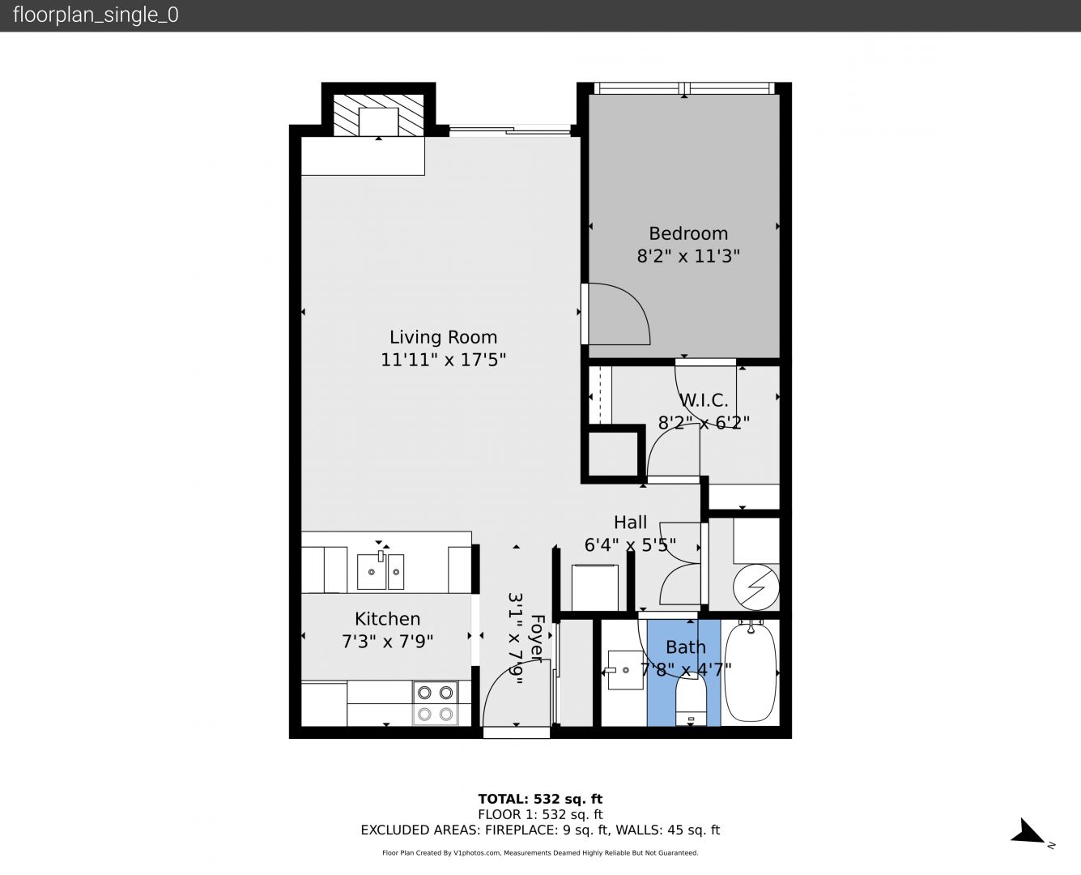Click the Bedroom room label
pyautogui.click(x=688, y=233)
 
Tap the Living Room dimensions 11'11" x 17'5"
pyautogui.click(x=443, y=360)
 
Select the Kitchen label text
pyautogui.click(x=387, y=618)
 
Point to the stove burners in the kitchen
pyautogui.click(x=435, y=703)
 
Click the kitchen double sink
pyautogui.click(x=381, y=572)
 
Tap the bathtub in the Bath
pyautogui.click(x=750, y=672)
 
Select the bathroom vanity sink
pyautogui.click(x=625, y=670)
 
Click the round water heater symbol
pyautogui.click(x=755, y=587)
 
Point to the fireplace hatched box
pyautogui.click(x=378, y=115)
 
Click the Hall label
pyautogui.click(x=630, y=522)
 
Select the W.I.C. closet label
pyautogui.click(x=704, y=400)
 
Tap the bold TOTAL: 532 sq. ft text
pyautogui.click(x=540, y=799)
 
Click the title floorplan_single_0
pyautogui.click(x=96, y=15)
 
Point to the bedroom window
pyautogui.click(x=684, y=88)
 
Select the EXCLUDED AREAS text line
pyautogui.click(x=540, y=830)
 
